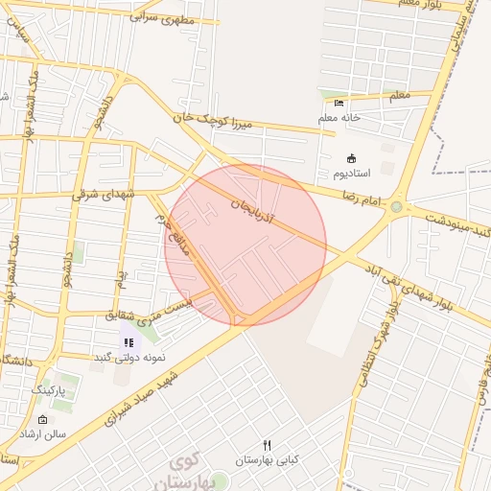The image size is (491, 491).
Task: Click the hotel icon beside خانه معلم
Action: tap(339, 103)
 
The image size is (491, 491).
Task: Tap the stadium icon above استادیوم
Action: tap(351, 158)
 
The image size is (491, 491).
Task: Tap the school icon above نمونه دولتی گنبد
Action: tap(129, 342)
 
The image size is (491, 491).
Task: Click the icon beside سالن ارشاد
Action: tap(41, 420)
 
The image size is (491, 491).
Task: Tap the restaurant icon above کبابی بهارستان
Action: tap(268, 445)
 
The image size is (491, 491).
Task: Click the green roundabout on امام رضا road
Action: tap(396, 206)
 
